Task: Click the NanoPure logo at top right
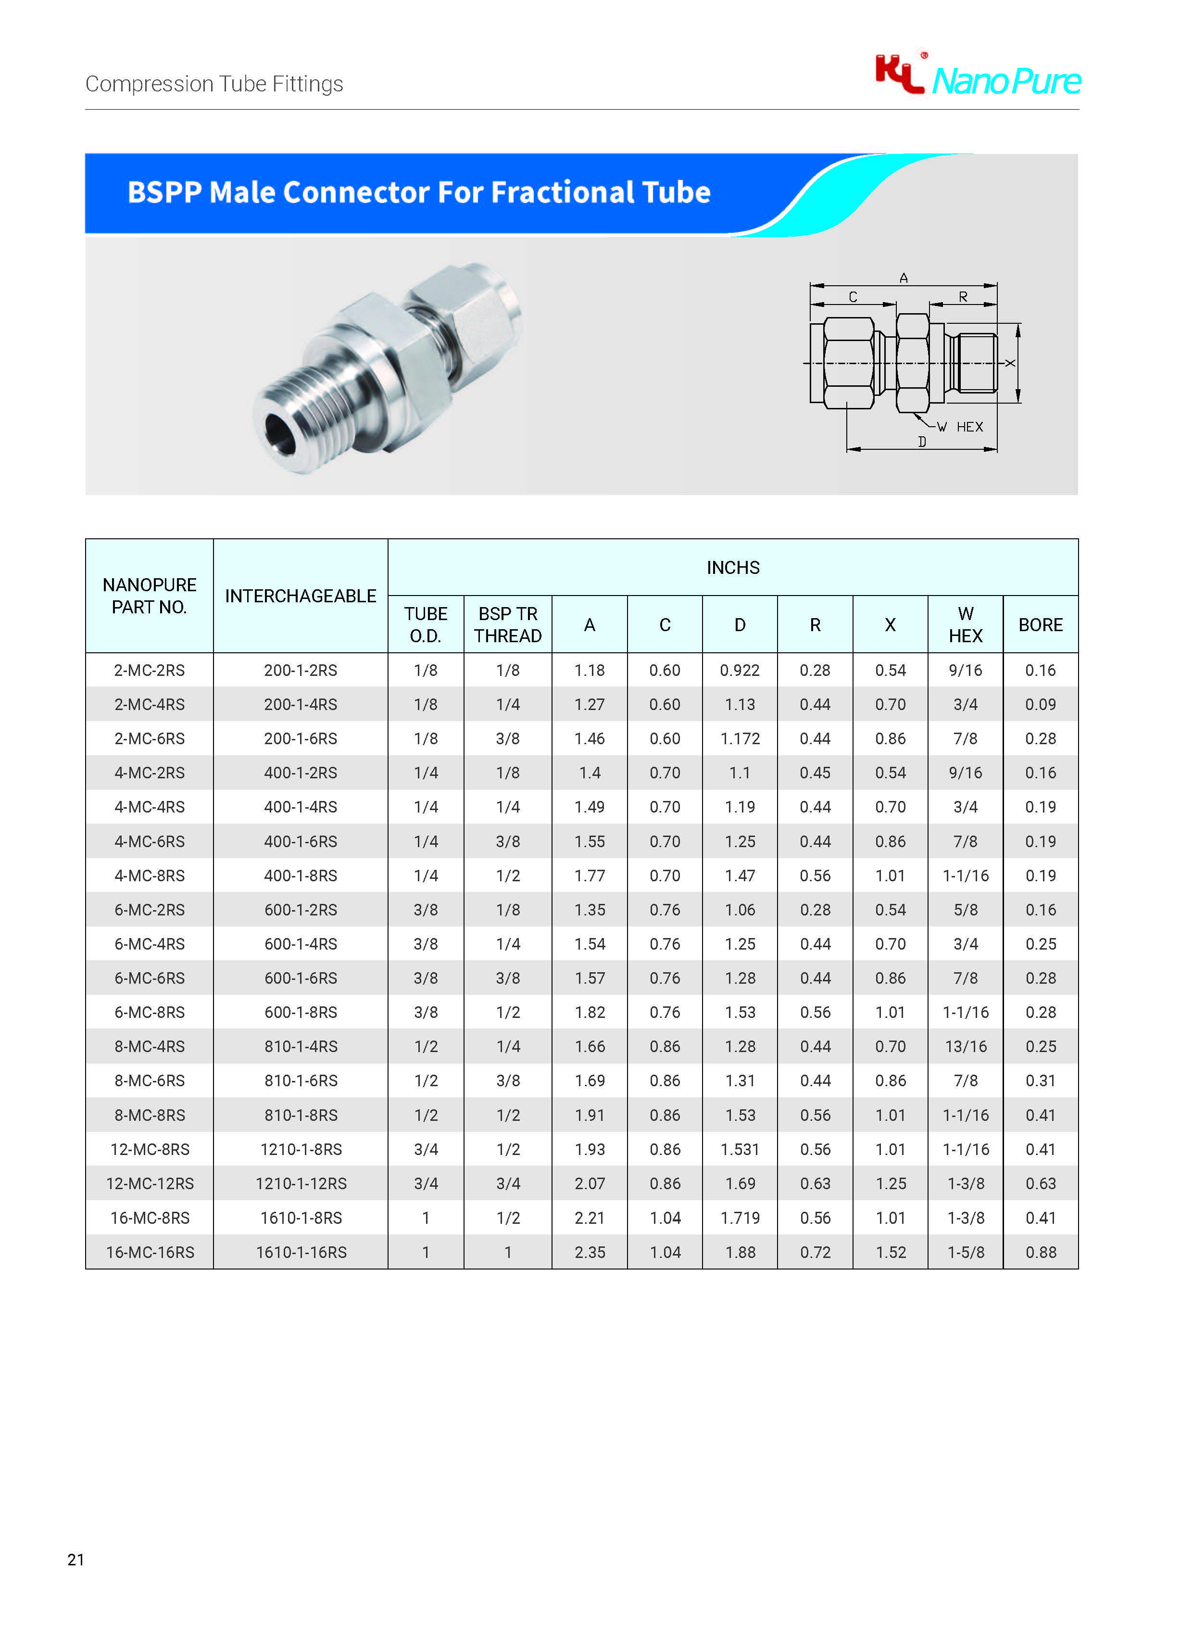point(978,76)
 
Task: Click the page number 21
point(76,1559)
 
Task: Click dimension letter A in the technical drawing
point(904,278)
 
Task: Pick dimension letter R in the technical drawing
point(963,297)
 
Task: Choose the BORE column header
point(1040,625)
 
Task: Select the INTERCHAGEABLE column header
point(301,596)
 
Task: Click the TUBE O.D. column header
point(426,625)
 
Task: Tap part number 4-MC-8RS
point(150,876)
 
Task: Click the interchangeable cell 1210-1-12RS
point(301,1183)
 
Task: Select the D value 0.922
point(740,671)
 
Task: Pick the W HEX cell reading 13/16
point(966,1046)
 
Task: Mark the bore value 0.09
point(1040,704)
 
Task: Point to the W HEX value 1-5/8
point(966,1252)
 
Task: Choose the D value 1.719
point(740,1218)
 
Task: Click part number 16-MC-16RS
point(150,1252)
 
